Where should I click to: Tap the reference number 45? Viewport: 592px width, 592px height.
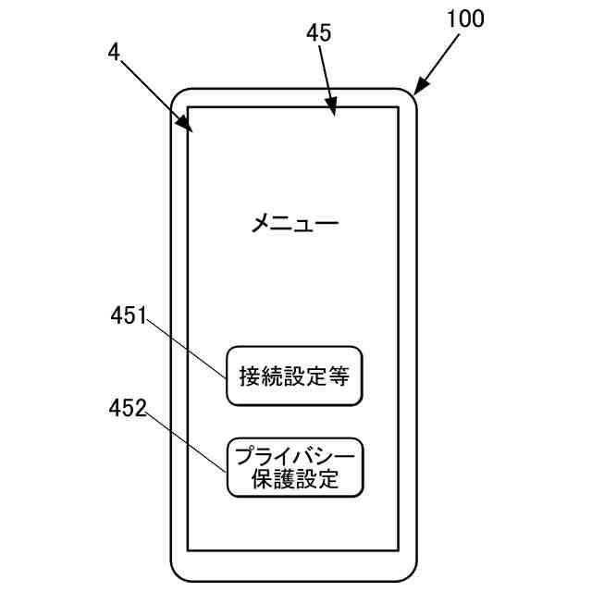[x=319, y=33]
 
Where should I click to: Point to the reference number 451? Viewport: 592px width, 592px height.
[x=129, y=316]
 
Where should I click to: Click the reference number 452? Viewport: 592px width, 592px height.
[x=128, y=407]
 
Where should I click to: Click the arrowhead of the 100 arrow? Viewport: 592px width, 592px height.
[x=416, y=92]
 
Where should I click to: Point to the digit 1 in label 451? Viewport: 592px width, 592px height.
[x=142, y=316]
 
